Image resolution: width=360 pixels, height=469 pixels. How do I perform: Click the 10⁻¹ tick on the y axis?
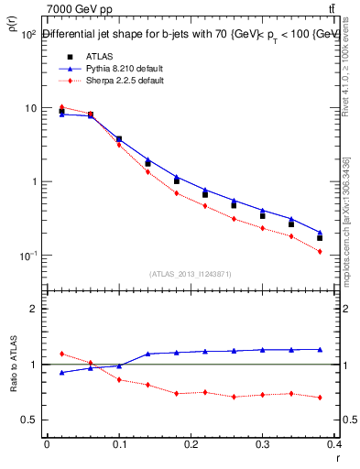(x=27, y=255)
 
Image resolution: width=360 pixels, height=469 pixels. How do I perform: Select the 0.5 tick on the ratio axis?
(x=29, y=420)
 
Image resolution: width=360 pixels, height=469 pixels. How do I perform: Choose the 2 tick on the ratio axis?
(x=33, y=309)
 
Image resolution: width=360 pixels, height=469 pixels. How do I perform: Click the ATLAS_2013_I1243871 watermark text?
(x=191, y=274)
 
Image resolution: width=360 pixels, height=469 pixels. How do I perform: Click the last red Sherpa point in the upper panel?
(x=320, y=251)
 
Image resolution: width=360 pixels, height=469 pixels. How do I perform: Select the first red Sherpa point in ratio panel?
(x=61, y=354)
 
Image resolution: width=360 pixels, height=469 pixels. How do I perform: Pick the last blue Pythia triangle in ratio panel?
(x=320, y=349)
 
